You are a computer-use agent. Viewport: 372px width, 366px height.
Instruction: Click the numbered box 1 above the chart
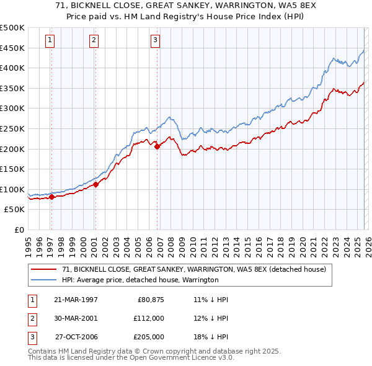coord(50,40)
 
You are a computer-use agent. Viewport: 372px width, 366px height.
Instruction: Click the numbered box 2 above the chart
coord(94,40)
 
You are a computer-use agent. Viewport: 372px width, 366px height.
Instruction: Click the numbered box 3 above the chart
coord(155,40)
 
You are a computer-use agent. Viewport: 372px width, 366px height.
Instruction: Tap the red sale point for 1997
coord(51,197)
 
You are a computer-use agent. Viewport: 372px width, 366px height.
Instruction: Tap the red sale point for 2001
coord(96,184)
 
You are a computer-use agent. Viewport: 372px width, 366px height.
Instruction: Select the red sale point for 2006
coord(157,147)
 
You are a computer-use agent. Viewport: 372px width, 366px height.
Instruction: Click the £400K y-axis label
coord(12,68)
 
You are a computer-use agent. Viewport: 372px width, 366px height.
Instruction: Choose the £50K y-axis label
coord(14,210)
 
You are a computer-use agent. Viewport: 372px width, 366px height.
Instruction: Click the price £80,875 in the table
coord(150,300)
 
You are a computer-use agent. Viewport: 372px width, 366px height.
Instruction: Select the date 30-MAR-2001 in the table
coord(76,318)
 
